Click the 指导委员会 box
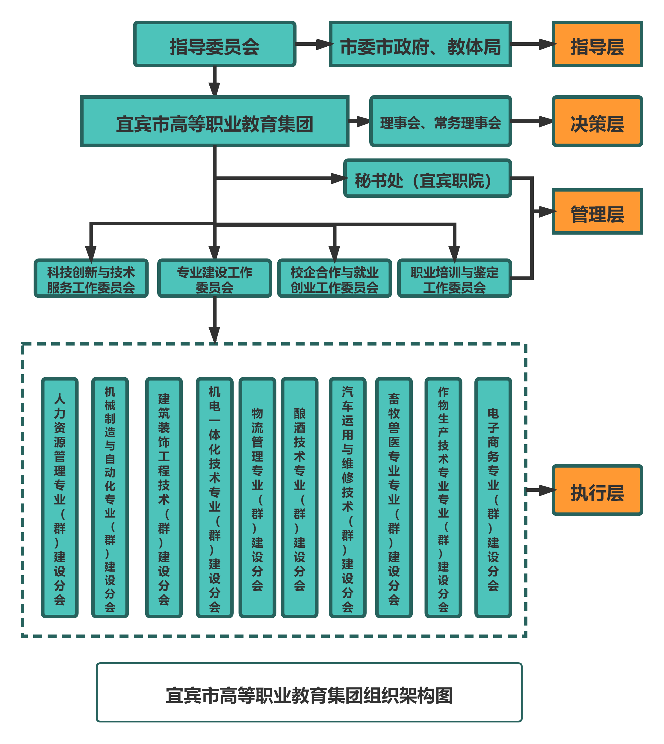pos(214,44)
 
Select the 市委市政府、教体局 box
pos(420,44)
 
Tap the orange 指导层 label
pos(597,44)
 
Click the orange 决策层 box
pos(597,121)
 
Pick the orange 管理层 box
pos(597,212)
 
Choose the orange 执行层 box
pos(597,490)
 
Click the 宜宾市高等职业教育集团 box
pos(214,121)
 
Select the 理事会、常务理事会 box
pos(440,121)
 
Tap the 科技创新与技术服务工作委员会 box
pos(91,278)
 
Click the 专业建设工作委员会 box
pos(214,278)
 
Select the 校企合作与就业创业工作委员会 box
pos(334,278)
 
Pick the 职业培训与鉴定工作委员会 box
pos(454,278)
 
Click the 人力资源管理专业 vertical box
pos(60,498)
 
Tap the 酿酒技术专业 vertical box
pos(300,498)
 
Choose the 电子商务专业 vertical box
pos(493,498)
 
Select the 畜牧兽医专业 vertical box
pos(394,498)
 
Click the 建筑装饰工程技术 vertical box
pos(164,498)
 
